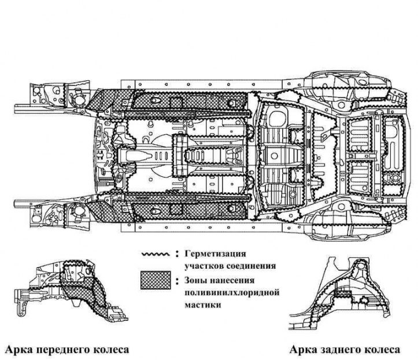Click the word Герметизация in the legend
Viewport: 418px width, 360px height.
[x=215, y=254]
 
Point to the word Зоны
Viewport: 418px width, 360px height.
[x=195, y=280]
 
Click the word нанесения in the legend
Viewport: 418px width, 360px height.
[x=232, y=280]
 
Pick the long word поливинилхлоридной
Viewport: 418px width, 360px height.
[x=232, y=292]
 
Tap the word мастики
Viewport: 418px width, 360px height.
[x=202, y=305]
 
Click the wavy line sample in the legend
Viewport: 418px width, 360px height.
[x=156, y=254]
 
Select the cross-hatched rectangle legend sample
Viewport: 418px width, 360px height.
[x=156, y=280]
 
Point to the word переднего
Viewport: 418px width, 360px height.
[x=63, y=350]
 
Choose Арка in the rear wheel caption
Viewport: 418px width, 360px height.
[x=303, y=350]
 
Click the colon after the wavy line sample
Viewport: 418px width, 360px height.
[x=177, y=254]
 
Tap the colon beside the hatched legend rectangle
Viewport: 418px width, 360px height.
[x=177, y=281]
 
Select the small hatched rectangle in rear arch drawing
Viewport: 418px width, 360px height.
[x=343, y=294]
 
